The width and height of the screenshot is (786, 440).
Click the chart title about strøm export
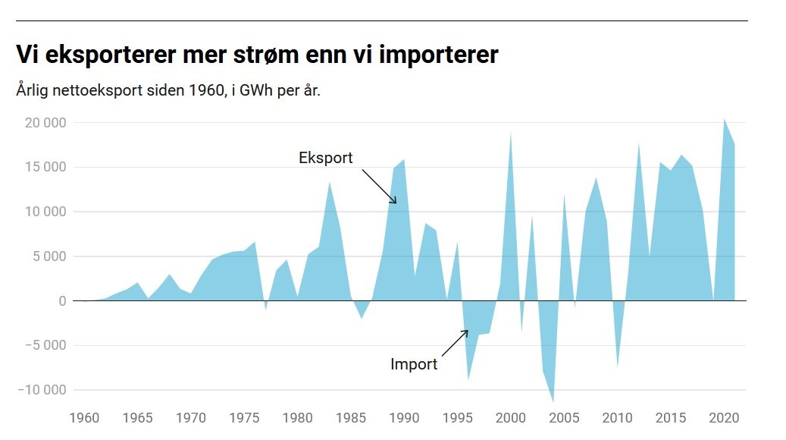[257, 55]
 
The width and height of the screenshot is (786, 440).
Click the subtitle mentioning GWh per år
[168, 91]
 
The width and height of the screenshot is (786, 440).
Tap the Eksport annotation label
[326, 158]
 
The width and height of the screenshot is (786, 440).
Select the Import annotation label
[414, 364]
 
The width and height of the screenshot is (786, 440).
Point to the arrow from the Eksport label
[380, 187]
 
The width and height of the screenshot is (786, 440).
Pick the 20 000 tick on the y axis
[46, 123]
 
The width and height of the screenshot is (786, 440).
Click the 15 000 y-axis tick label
[46, 168]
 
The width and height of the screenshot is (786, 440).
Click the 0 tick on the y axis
[62, 301]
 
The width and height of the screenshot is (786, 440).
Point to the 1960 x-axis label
[84, 418]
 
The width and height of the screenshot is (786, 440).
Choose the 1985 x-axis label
[351, 418]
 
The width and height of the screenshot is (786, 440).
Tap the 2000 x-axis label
[511, 418]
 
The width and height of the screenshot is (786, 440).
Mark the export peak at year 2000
[511, 134]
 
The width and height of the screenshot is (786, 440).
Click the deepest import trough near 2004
[553, 401]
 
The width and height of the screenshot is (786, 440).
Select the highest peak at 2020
[725, 120]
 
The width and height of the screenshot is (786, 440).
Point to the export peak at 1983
[329, 183]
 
